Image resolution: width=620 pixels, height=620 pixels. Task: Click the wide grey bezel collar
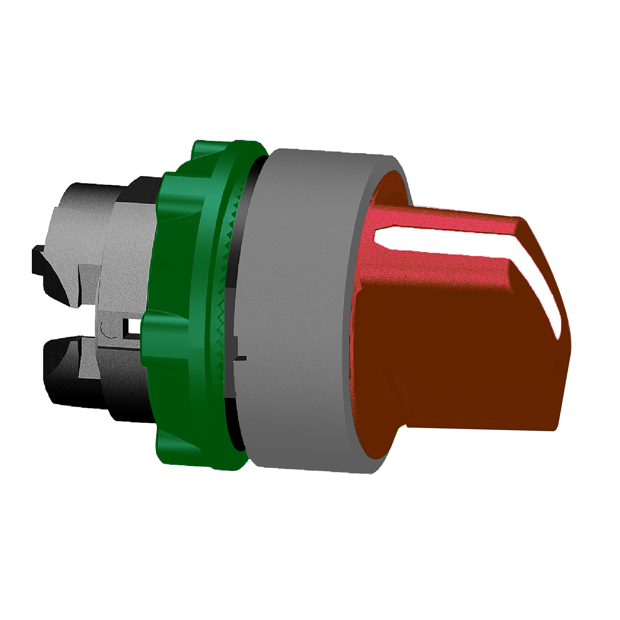coord(300,309)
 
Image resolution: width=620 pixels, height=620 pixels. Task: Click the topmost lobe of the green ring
coord(223,148)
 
